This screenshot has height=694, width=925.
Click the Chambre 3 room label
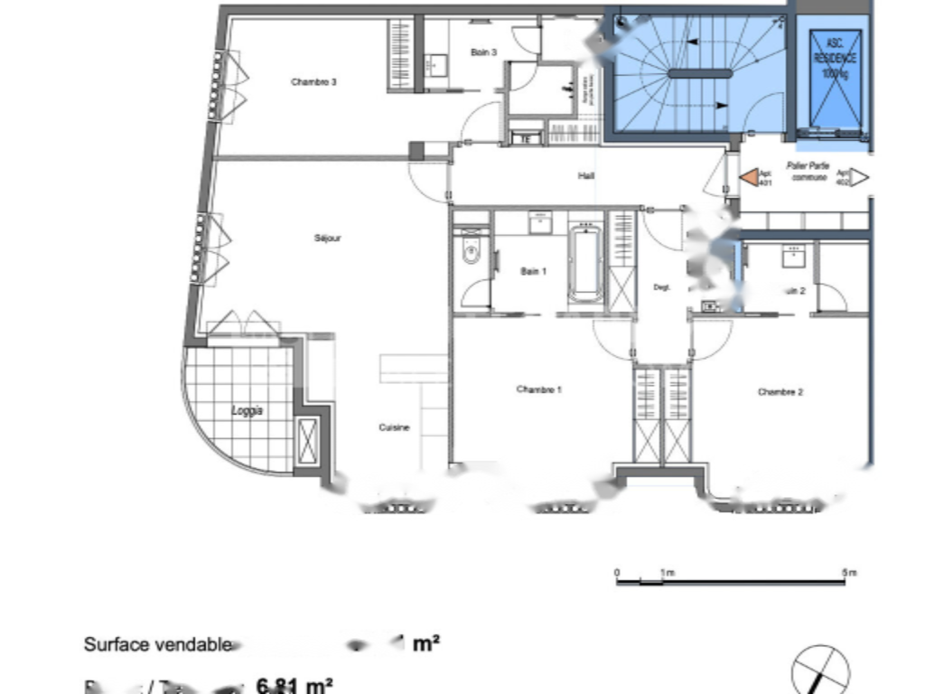tap(313, 82)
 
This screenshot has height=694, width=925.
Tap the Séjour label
tap(328, 239)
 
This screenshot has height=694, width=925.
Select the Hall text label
tap(585, 176)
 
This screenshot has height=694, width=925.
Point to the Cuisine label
tap(394, 427)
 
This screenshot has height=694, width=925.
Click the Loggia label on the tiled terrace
tap(247, 410)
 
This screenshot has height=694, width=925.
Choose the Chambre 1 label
tap(539, 390)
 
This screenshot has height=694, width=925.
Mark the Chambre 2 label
tap(780, 392)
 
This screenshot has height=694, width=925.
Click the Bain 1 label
tap(533, 271)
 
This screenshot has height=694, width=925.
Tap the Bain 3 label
tap(484, 53)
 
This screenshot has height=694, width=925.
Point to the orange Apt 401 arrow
tap(750, 177)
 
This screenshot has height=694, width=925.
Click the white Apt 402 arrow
tap(859, 177)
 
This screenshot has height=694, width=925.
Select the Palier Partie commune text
tap(808, 172)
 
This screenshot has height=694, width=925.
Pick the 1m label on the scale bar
tap(666, 573)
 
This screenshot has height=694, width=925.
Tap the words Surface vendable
tap(157, 644)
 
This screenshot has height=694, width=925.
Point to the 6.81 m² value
tap(295, 685)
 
